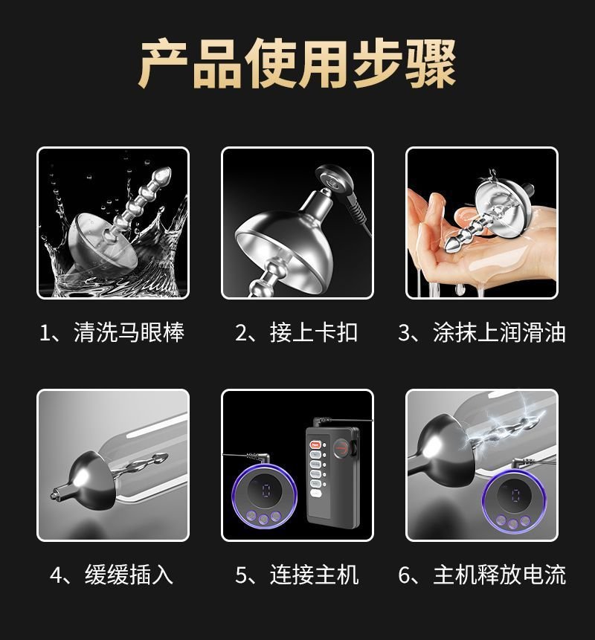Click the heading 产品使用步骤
[297, 63]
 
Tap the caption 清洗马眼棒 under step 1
[129, 332]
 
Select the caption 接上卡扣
[313, 332]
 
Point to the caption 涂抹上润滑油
[499, 332]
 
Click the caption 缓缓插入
[129, 575]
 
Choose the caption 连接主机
[314, 575]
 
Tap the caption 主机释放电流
[499, 575]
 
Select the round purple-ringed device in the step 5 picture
[259, 500]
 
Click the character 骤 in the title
[431, 63]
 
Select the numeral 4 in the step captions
[57, 575]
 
